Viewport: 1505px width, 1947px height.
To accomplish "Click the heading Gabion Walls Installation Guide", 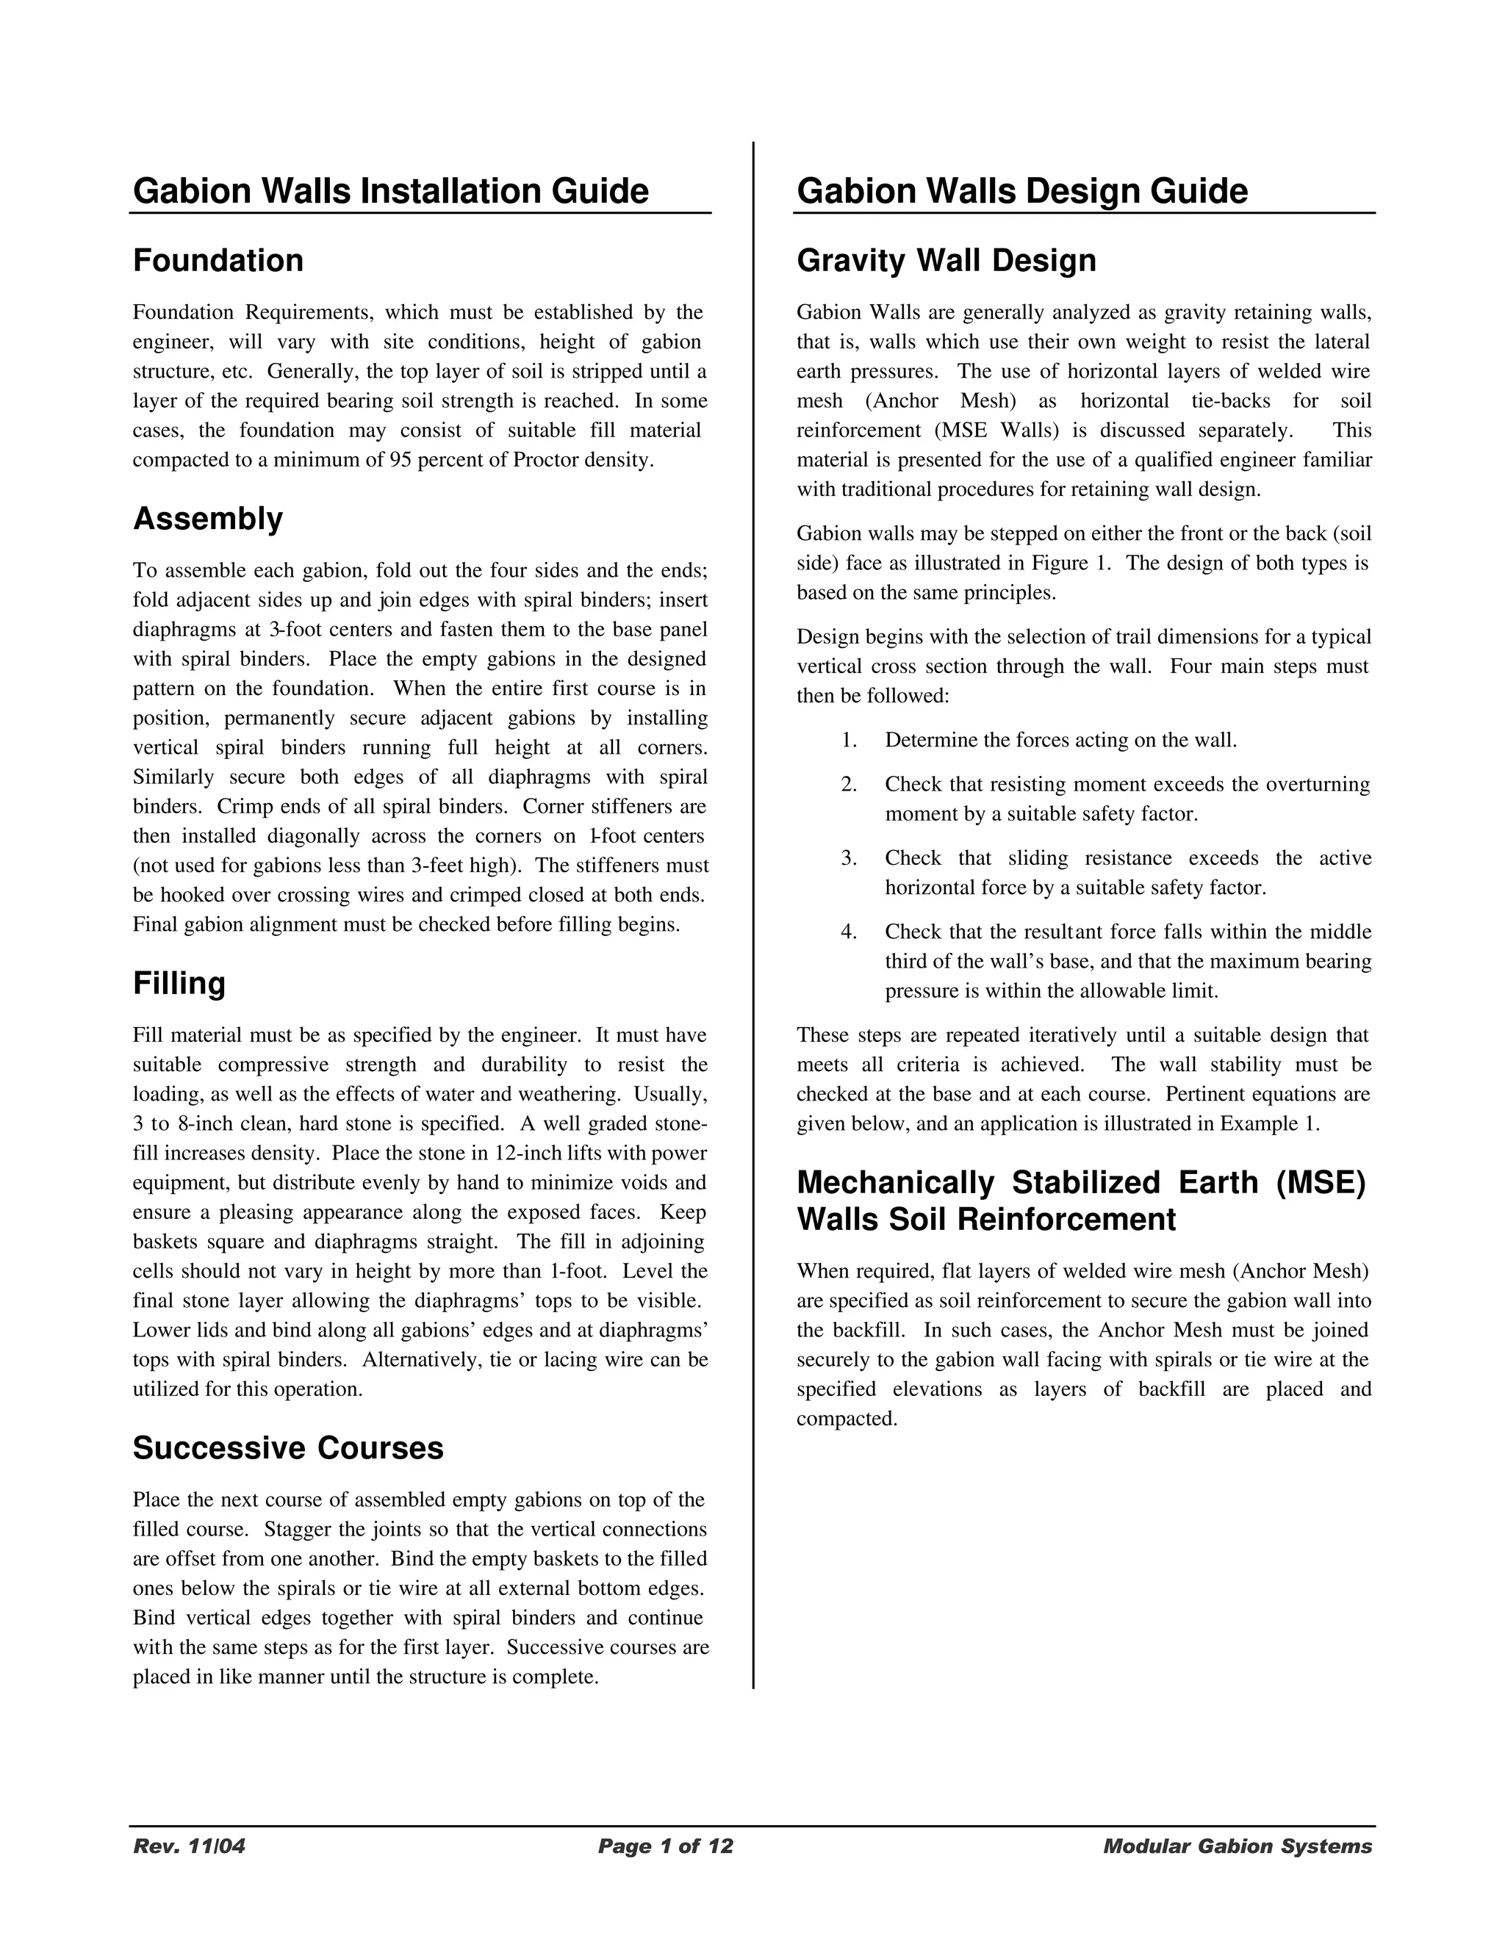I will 390,192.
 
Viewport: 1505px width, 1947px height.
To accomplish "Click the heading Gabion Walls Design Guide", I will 1021,192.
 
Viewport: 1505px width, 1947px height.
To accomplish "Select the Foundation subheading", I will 218,260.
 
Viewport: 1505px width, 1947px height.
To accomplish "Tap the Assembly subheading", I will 208,518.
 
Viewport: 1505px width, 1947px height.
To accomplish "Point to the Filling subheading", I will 179,983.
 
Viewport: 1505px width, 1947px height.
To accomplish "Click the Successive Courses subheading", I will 288,1448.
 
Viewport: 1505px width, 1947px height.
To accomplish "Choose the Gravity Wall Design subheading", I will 946,260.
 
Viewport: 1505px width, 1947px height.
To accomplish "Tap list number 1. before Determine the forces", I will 848,740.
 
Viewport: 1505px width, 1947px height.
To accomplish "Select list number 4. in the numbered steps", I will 848,932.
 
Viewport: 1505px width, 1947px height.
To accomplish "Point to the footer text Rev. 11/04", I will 189,1846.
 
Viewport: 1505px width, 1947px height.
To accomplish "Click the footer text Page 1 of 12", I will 665,1846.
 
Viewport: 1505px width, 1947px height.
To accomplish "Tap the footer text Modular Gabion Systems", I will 1238,1846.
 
